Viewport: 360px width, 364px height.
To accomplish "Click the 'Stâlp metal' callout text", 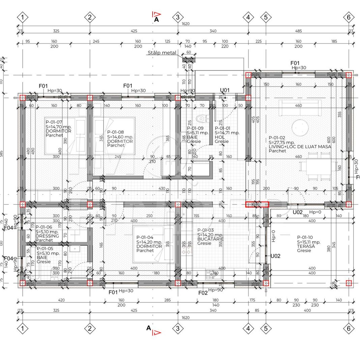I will (161, 53).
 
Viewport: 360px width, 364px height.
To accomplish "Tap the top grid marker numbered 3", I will (178, 17).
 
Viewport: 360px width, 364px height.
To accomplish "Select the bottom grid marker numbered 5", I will (266, 328).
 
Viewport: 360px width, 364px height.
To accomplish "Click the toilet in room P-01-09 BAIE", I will (202, 118).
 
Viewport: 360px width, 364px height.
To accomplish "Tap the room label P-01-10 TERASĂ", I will (309, 244).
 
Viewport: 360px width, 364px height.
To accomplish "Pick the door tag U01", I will (225, 90).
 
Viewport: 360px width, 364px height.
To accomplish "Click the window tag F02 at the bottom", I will (203, 293).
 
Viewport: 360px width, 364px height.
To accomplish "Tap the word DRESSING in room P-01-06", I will (47, 236).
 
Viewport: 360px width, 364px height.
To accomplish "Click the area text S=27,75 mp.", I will (282, 142).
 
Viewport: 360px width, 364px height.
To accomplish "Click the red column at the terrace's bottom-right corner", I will (349, 283).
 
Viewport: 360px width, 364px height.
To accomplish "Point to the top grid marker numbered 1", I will (23, 17).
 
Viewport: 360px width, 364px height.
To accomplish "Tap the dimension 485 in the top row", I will (298, 31).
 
